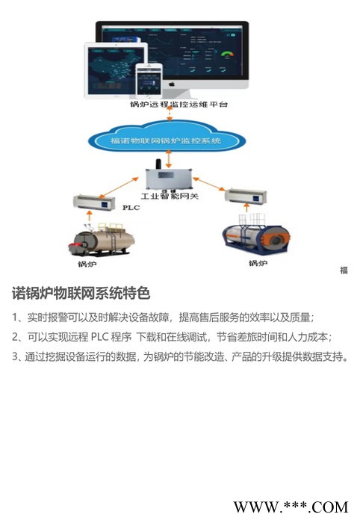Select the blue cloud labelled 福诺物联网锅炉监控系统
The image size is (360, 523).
tap(171, 140)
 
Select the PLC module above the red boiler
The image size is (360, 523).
tap(91, 202)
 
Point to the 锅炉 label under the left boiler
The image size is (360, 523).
tap(87, 264)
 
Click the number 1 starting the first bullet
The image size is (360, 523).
tap(16, 316)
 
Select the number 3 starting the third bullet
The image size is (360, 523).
tap(16, 356)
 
